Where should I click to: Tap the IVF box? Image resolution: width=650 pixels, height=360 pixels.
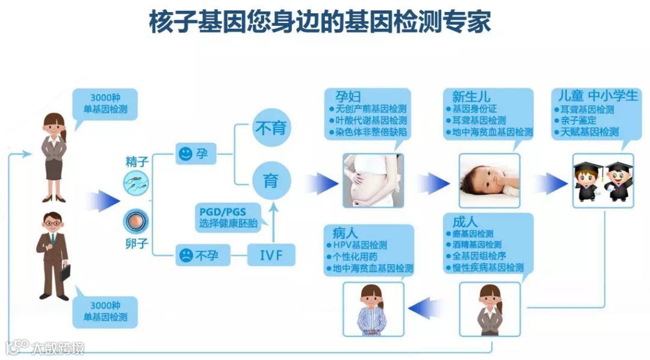tap(272, 255)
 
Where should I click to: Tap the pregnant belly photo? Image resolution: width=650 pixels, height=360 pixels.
tap(373, 179)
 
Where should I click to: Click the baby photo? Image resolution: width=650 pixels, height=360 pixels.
tap(489, 180)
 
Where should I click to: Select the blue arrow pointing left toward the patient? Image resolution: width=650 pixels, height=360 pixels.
tap(426, 309)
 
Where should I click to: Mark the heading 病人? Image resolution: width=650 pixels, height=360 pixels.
tap(341, 232)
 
